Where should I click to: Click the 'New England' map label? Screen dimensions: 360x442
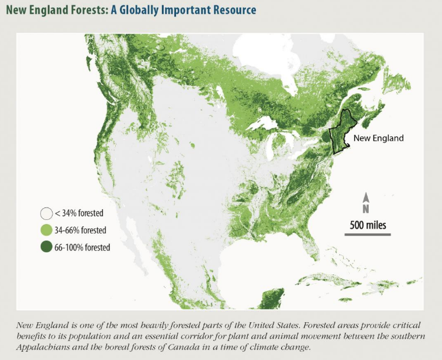[x=378, y=138]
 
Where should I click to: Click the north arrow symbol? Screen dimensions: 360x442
[x=366, y=197]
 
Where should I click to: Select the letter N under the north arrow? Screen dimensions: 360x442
[x=366, y=208]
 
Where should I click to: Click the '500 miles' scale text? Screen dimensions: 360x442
[x=366, y=225]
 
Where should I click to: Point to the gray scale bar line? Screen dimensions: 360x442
[x=366, y=235]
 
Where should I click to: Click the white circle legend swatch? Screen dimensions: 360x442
[x=45, y=213]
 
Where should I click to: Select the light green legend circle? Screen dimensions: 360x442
[x=45, y=231]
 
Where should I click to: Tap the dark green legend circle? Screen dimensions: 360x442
[x=45, y=247]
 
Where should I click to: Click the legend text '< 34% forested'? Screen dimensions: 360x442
[x=79, y=213]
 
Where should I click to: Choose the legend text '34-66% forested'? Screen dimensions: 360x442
[x=82, y=231]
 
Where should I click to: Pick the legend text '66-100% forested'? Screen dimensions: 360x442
[x=83, y=247]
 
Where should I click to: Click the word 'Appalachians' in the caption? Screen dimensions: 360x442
[x=42, y=346]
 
